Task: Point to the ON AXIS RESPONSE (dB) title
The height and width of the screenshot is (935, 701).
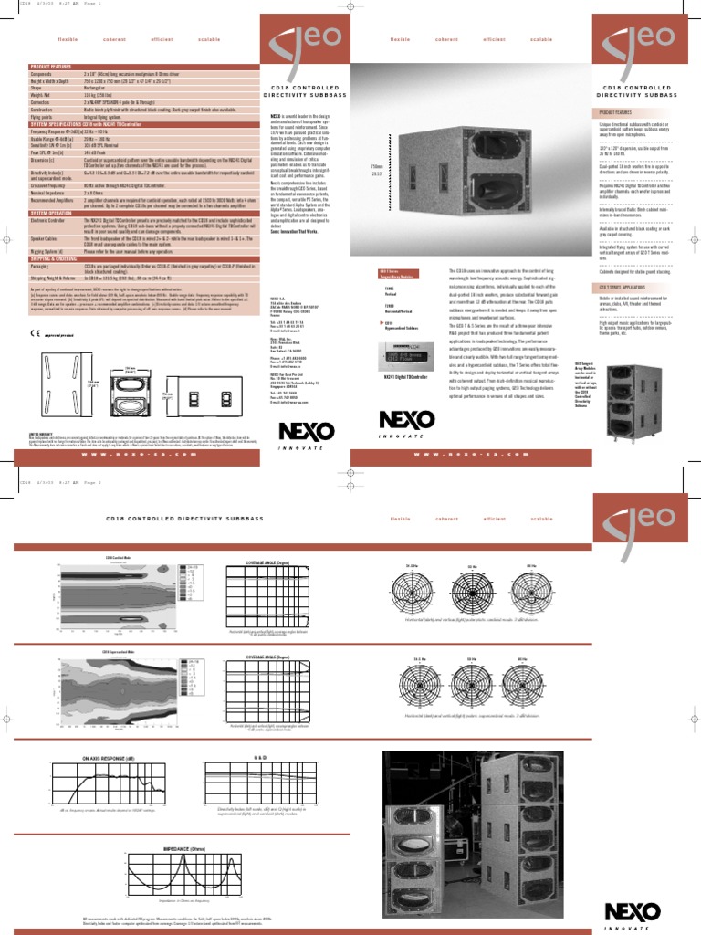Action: pyautogui.click(x=90, y=758)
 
